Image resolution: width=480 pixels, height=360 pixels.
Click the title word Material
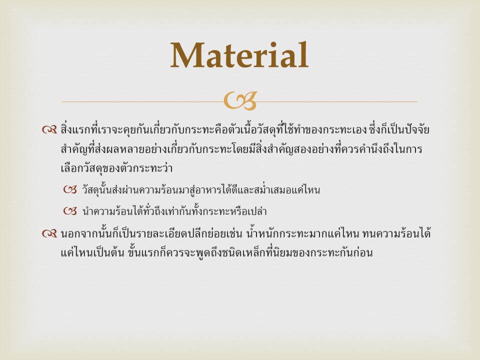point(239,55)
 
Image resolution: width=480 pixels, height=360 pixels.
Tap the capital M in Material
point(186,55)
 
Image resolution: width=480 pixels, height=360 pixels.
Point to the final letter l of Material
point(304,54)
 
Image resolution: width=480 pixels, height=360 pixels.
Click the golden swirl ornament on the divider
point(240,100)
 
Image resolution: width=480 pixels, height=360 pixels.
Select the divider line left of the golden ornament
point(142,101)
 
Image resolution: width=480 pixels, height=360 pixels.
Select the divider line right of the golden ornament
point(337,101)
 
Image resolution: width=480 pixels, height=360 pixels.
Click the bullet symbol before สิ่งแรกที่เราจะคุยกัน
point(49,130)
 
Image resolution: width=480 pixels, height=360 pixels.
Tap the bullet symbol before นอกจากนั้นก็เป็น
point(49,234)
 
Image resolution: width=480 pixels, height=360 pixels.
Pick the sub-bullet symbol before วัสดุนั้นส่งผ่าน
point(70,190)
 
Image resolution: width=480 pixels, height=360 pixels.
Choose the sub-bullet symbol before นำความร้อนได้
point(70,211)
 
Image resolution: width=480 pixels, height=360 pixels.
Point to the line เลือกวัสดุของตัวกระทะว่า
point(116,168)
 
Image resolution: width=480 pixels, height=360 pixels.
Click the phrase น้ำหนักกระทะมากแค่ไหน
point(302,234)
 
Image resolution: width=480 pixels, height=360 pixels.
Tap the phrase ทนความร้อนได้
point(396,234)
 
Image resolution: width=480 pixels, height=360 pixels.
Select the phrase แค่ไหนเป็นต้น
point(92,253)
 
